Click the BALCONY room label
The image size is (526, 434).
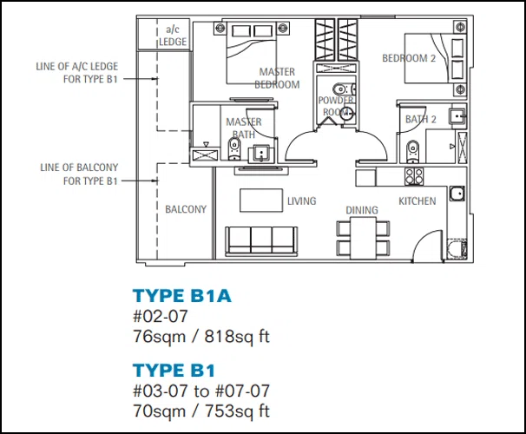point(186,209)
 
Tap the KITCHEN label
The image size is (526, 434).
point(418,201)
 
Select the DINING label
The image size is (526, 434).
point(362,210)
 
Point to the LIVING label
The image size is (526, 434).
point(301,201)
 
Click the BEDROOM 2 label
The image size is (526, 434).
point(409,58)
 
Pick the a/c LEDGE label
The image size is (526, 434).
point(173,36)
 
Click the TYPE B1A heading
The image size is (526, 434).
point(182,296)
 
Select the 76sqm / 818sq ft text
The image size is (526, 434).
point(201,337)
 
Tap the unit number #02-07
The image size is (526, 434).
point(161,316)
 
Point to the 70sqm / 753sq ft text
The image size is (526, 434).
point(201,411)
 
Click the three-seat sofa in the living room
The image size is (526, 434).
point(261,240)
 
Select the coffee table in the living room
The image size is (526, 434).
point(261,201)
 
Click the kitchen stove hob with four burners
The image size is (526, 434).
point(414,176)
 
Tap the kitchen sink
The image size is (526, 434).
point(457,194)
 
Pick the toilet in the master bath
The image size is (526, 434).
point(234,149)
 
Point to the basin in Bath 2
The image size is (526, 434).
point(457,116)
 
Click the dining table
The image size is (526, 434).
point(364,238)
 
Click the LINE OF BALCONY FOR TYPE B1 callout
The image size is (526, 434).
point(79,174)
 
